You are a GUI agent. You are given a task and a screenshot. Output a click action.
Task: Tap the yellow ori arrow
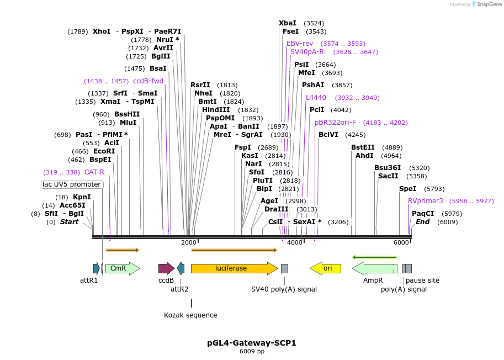[326, 268]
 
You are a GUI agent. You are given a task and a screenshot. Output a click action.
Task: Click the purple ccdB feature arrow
[166, 268]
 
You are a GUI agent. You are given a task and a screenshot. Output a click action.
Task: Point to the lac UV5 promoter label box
[72, 184]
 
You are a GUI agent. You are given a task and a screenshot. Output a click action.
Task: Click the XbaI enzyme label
[287, 23]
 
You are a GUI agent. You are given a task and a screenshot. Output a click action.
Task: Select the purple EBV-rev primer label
[300, 43]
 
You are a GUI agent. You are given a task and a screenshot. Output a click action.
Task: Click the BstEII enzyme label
[363, 147]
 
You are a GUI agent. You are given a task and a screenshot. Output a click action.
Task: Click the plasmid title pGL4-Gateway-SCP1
[252, 343]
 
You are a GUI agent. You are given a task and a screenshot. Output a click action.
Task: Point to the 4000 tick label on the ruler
[295, 243]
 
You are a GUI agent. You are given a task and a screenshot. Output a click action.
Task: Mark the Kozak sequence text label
[190, 315]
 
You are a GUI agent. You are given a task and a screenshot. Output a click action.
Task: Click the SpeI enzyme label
[407, 188]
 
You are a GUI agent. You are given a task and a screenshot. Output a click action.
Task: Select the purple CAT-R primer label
[94, 172]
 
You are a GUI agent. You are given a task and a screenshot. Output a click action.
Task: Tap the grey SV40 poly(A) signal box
[284, 268]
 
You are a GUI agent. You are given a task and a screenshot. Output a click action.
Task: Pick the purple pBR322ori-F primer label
[335, 123]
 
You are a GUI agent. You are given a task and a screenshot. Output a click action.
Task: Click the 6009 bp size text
[252, 351]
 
